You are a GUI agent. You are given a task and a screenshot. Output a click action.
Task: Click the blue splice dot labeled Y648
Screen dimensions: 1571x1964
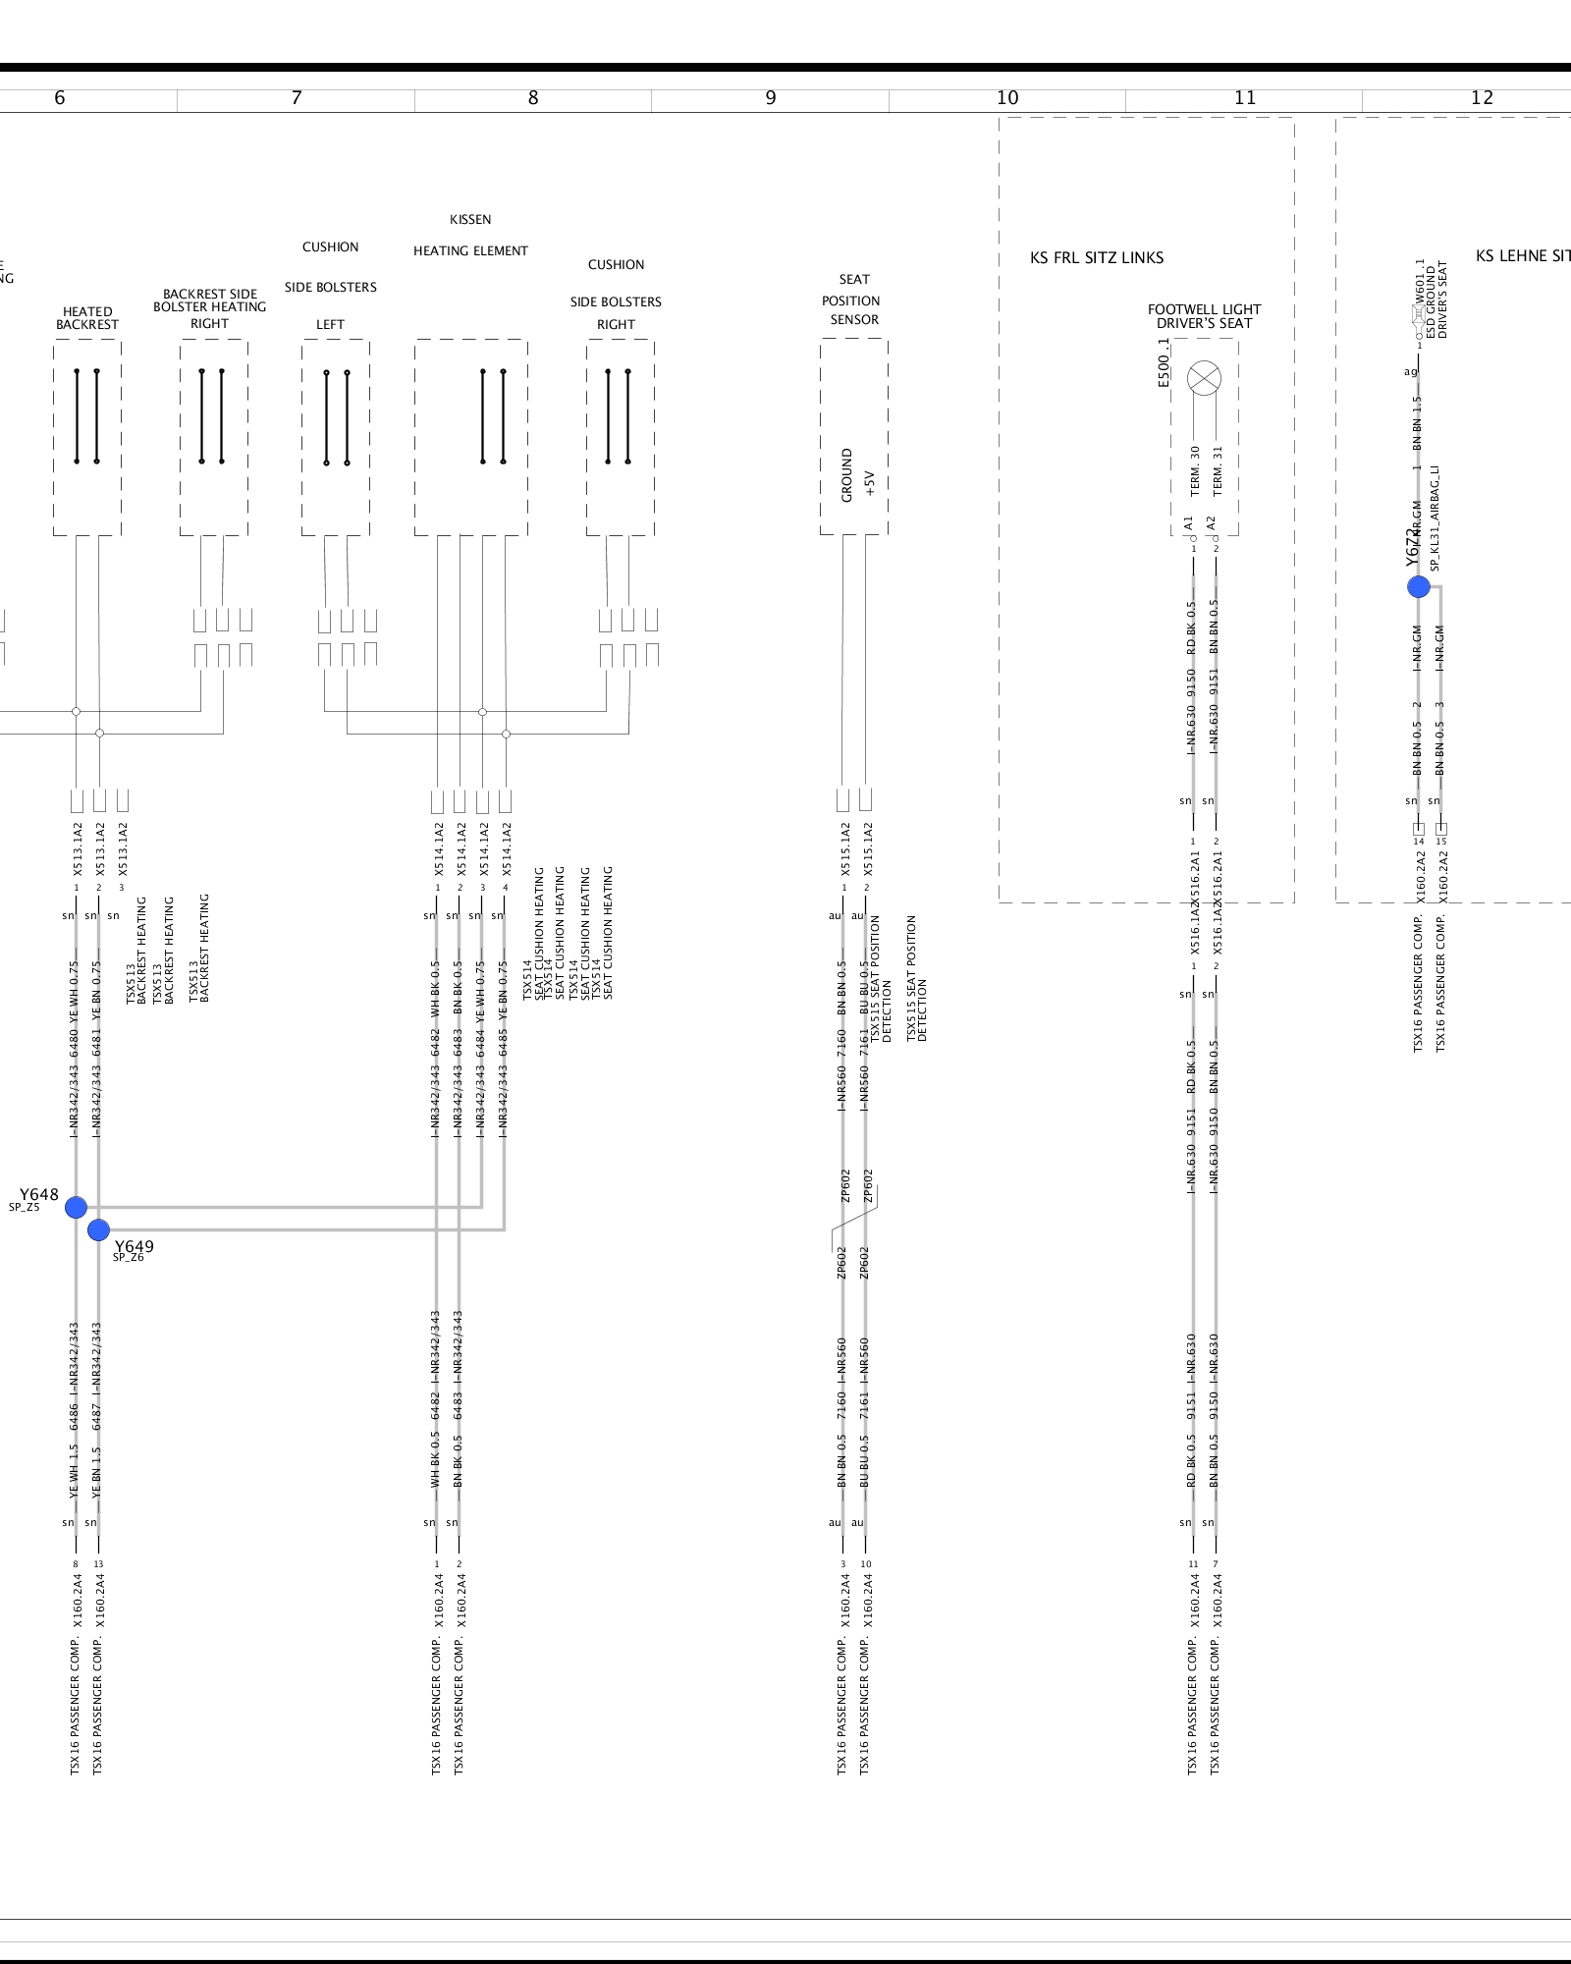click(76, 1207)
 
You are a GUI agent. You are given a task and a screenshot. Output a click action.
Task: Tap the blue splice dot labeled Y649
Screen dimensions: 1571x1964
click(98, 1229)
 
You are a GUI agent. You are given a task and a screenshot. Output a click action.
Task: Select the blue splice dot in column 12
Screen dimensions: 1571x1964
click(1418, 586)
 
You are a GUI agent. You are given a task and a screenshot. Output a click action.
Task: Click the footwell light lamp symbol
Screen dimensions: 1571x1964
click(1204, 378)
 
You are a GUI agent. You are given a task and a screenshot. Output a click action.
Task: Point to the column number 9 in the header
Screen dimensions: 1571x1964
click(771, 97)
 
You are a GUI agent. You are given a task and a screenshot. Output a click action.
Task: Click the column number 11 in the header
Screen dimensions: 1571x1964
click(1245, 97)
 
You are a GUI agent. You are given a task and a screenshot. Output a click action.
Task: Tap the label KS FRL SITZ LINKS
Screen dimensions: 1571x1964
click(1097, 257)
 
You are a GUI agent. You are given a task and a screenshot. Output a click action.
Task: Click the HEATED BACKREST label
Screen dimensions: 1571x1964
click(87, 318)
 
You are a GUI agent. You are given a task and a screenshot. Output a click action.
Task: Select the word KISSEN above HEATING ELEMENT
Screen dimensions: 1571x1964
click(470, 219)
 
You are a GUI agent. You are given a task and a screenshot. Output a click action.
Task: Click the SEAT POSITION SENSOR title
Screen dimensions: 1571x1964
click(852, 300)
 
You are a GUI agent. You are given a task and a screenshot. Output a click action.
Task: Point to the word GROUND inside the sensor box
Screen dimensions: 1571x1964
click(846, 476)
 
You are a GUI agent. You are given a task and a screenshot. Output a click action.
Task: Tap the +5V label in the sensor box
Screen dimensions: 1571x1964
click(869, 483)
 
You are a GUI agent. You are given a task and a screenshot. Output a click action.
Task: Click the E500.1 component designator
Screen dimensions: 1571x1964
click(1164, 362)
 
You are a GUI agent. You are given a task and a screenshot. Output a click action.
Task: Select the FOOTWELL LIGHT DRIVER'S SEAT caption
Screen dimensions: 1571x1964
click(1204, 316)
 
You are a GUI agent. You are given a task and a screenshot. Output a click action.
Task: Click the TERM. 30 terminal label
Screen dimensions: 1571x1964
click(1195, 471)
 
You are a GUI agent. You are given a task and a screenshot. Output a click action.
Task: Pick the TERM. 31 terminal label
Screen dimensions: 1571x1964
click(1218, 471)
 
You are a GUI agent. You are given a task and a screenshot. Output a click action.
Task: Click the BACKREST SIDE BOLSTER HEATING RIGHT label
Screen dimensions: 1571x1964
click(210, 308)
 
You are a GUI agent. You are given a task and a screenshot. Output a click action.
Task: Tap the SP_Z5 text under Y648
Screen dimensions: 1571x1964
click(25, 1208)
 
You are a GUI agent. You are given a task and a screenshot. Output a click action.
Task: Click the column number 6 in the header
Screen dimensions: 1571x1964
click(60, 97)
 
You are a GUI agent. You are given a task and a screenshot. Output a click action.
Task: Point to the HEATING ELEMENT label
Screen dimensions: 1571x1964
click(470, 250)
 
